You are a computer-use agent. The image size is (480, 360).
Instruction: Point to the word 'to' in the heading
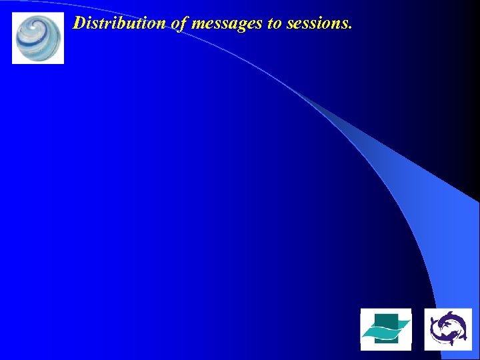coord(272,24)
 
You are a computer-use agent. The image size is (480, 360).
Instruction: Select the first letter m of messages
coord(199,25)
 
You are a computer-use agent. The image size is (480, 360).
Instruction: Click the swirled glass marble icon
coord(38,38)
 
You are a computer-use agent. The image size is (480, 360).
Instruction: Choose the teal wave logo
coord(385,329)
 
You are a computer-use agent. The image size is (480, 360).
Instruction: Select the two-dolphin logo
coord(448,329)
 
